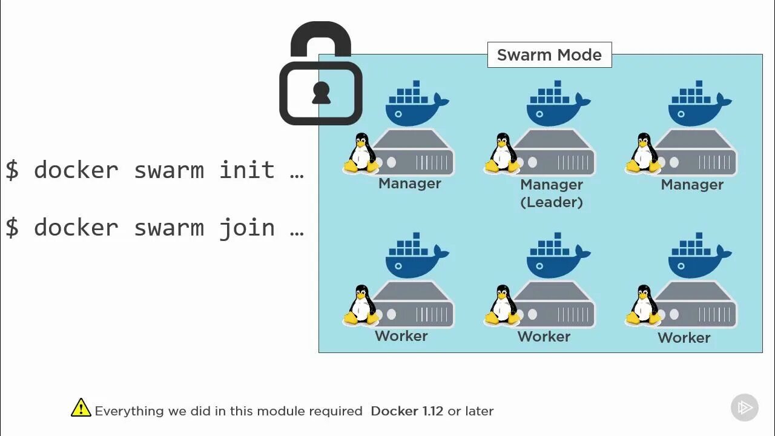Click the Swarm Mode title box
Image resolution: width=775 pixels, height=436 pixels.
[x=549, y=55]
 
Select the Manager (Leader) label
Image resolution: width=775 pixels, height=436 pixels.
[x=552, y=193]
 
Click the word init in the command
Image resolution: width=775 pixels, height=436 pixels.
[x=247, y=170]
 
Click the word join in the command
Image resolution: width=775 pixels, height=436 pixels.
[x=247, y=228]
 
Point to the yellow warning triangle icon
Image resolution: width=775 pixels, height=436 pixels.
[x=81, y=408]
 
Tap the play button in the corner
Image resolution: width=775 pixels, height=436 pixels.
[x=745, y=408]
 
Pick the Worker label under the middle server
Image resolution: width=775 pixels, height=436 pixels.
[x=544, y=337]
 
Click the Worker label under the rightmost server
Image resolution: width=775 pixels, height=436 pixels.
[x=684, y=338]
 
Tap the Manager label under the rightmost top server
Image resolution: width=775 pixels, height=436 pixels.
[x=692, y=185]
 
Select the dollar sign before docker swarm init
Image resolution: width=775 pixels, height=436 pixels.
[x=12, y=170]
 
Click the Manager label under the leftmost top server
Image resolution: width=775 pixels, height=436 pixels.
[x=410, y=183]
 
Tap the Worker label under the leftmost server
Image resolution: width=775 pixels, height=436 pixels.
[x=401, y=336]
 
